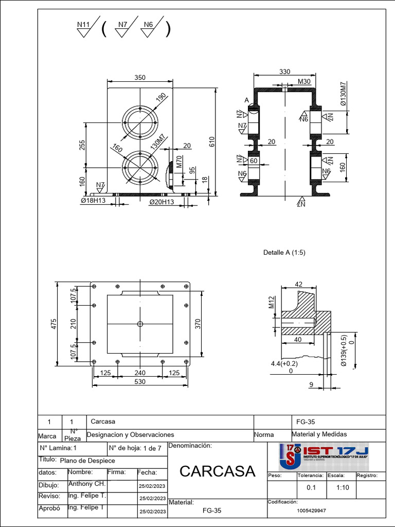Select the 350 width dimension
140,78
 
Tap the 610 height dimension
211,142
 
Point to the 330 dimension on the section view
284,72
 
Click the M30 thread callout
304,82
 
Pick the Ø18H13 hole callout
93,201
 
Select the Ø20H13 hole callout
161,202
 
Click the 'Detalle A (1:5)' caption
284,253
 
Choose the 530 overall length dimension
140,382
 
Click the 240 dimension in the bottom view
140,373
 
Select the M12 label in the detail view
272,303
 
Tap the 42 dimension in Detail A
298,284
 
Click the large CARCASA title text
218,471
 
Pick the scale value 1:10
343,488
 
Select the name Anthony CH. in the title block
87,484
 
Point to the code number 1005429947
311,511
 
